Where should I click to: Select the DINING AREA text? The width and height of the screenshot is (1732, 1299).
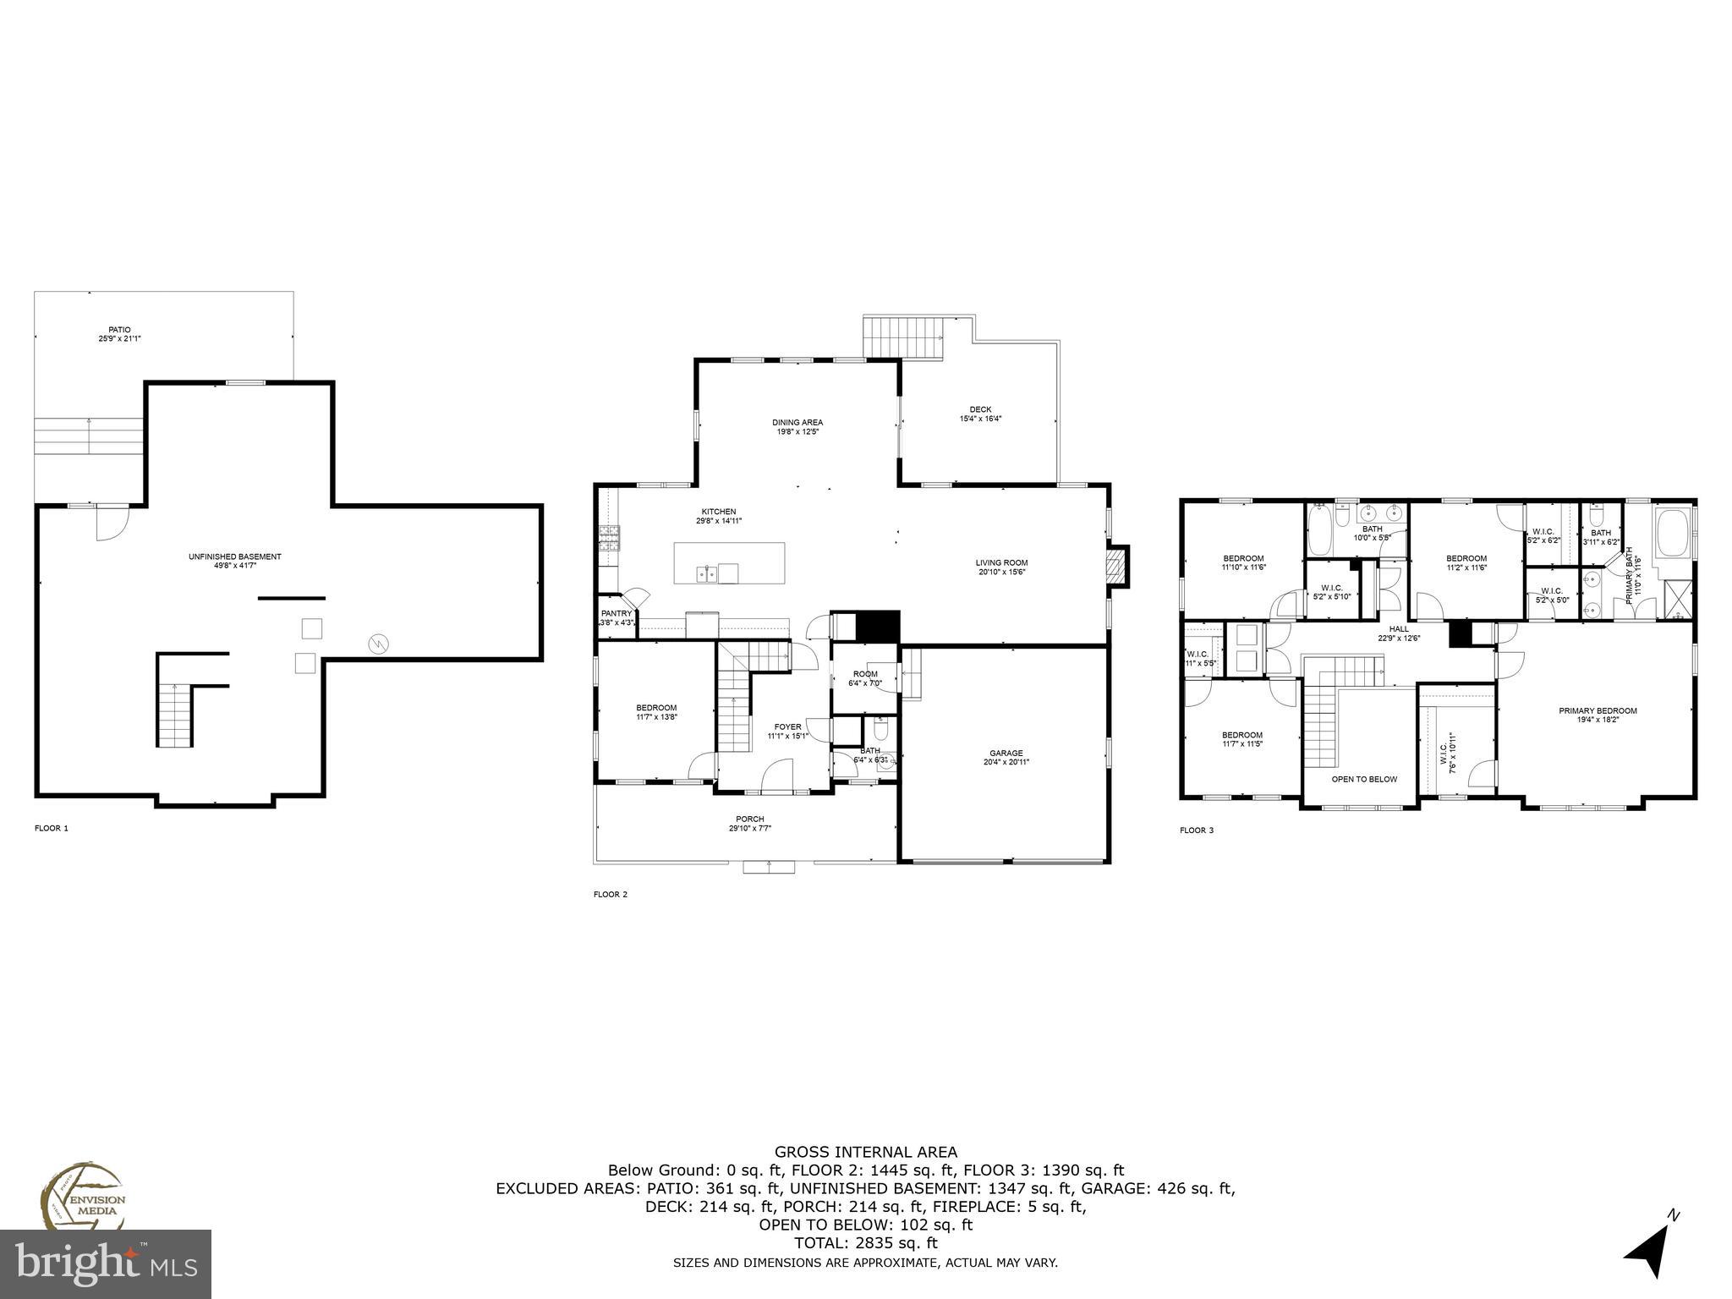[x=797, y=426]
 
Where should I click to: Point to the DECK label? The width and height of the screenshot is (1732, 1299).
[x=980, y=414]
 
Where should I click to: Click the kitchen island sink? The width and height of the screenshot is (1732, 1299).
[x=708, y=574]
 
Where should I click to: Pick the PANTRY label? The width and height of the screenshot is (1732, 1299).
[x=616, y=617]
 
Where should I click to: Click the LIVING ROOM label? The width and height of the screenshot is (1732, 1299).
[x=1001, y=567]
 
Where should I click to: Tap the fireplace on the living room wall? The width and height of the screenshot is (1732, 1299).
[x=1118, y=567]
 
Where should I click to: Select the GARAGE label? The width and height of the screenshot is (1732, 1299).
[x=1006, y=757]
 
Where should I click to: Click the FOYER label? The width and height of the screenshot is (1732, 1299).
[x=787, y=731]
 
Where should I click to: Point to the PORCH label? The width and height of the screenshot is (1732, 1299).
[x=749, y=823]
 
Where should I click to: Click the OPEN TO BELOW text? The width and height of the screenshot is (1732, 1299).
[x=1364, y=779]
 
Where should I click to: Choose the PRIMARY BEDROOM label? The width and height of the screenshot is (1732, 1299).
[x=1598, y=715]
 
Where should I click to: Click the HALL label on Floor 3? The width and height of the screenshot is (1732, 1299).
[x=1399, y=633]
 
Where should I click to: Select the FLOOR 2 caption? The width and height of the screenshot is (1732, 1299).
[x=611, y=894]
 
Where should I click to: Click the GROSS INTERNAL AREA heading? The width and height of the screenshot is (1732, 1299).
[x=866, y=1151]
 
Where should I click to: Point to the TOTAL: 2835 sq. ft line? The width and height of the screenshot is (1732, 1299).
[x=866, y=1243]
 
